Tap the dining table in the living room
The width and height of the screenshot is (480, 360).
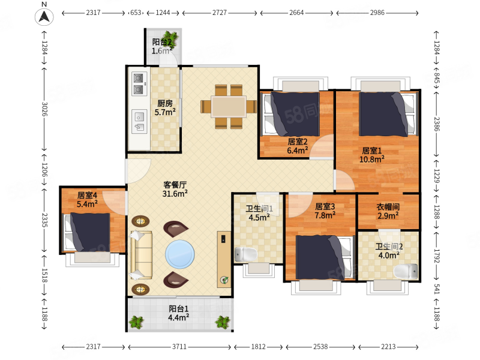[229, 107]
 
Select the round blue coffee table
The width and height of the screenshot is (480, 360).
[179, 254]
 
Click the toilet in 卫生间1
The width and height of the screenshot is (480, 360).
[246, 254]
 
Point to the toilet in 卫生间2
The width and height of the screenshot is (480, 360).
[406, 271]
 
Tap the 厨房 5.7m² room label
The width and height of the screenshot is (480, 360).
[165, 108]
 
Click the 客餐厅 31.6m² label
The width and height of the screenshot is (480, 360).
[175, 189]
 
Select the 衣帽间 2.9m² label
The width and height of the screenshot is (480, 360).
[388, 211]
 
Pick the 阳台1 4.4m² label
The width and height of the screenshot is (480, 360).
[178, 313]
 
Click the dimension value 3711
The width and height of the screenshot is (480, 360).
[179, 347]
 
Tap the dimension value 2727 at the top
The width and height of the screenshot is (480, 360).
[220, 13]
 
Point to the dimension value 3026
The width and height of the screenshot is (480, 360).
[44, 109]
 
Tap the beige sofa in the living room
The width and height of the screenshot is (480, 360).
[141, 255]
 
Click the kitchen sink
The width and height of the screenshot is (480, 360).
[139, 121]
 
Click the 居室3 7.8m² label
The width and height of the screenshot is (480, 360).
[325, 211]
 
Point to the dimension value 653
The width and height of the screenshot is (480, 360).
[136, 13]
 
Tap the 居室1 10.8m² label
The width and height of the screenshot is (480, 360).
[372, 155]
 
